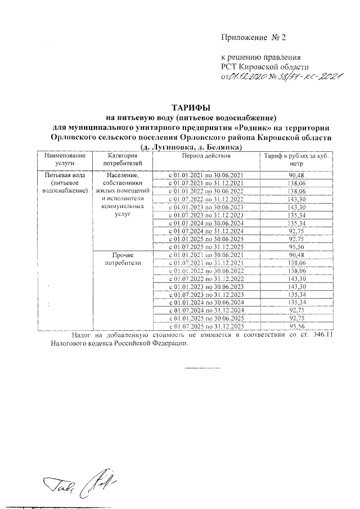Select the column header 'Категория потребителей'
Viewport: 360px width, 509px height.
coord(121,159)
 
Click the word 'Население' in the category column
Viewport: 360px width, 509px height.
coord(121,175)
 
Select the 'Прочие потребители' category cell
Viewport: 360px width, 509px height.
coord(121,259)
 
